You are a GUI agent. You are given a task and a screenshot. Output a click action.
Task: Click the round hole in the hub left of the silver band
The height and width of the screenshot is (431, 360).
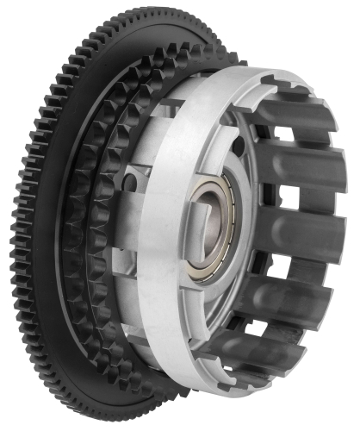128,183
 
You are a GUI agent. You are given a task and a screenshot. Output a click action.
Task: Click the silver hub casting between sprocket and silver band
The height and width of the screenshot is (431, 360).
129,233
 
